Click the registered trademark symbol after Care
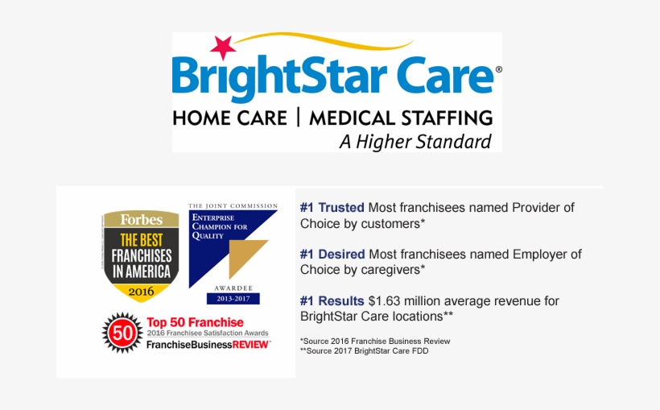(x=499, y=70)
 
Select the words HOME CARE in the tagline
(x=229, y=118)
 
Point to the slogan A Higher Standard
(x=415, y=142)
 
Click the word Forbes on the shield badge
(x=141, y=219)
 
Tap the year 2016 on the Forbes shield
(x=141, y=289)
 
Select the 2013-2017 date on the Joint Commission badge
(x=233, y=299)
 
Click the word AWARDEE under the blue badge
(x=233, y=288)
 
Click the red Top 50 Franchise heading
(x=195, y=323)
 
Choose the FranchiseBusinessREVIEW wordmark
(x=208, y=344)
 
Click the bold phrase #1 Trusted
(x=332, y=207)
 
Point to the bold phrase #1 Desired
(x=332, y=254)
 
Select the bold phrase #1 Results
(x=332, y=300)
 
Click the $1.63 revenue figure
(x=386, y=300)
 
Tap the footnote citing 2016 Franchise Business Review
(x=375, y=341)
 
